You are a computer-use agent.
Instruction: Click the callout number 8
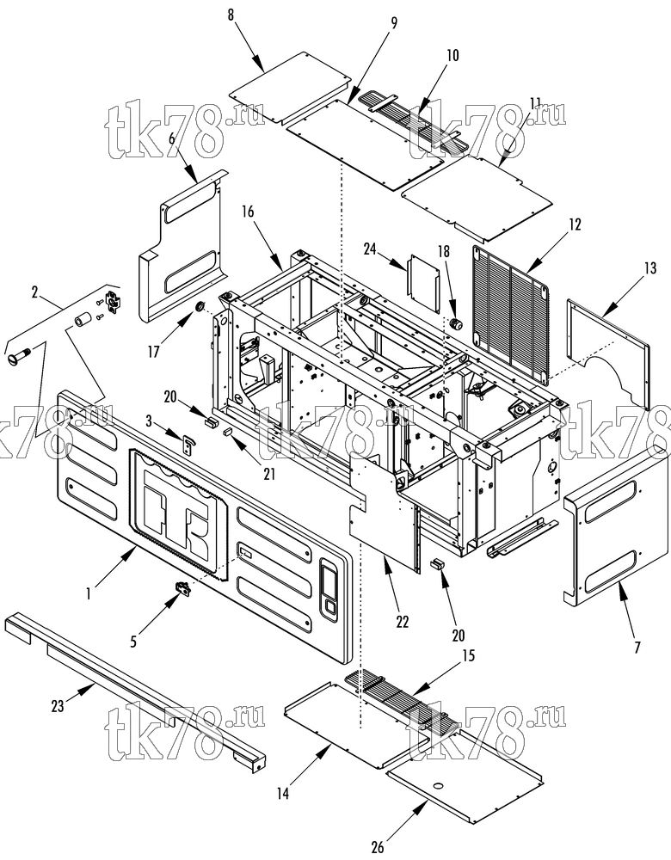pyautogui.click(x=231, y=15)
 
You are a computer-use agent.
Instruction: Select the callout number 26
pyautogui.click(x=378, y=847)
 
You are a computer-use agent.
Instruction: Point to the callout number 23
pyautogui.click(x=58, y=706)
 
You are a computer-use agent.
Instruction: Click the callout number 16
pyautogui.click(x=248, y=212)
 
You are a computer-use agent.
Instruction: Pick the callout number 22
pyautogui.click(x=402, y=622)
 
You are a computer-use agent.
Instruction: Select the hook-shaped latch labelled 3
pyautogui.click(x=188, y=443)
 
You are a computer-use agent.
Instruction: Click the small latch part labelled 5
pyautogui.click(x=182, y=588)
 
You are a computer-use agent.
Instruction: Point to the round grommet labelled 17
pyautogui.click(x=200, y=305)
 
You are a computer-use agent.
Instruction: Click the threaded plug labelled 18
pyautogui.click(x=455, y=324)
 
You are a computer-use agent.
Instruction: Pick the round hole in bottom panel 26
pyautogui.click(x=438, y=787)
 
